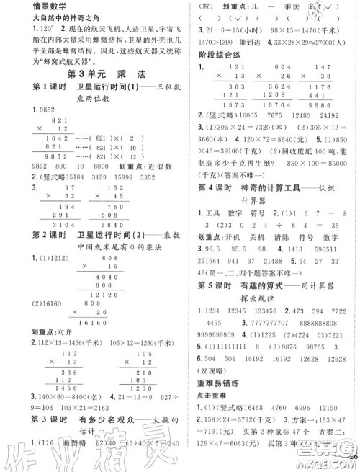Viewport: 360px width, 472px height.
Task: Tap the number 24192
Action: pos(330,115)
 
